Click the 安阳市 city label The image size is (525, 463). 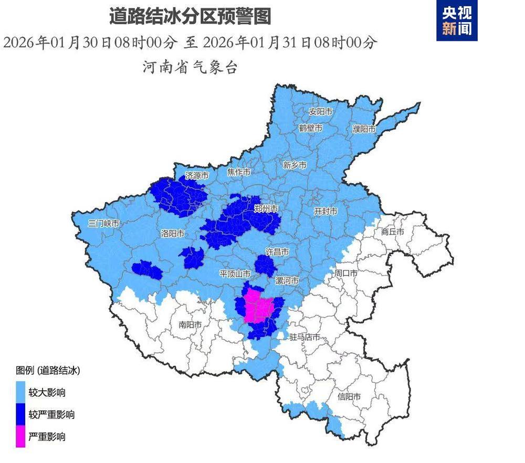321,112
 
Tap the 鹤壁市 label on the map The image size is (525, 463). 311,128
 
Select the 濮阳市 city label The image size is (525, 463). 364,129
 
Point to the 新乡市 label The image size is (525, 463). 295,165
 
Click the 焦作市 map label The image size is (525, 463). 239,172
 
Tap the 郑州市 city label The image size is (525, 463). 266,208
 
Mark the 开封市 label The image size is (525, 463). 325,211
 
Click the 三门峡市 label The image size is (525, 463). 104,223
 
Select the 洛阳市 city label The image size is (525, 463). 172,233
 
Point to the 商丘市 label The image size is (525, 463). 393,231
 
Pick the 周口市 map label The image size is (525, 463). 346,273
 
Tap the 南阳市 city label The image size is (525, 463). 190,325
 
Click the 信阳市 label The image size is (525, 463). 349,396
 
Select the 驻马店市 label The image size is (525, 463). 305,337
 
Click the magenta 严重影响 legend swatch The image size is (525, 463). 20,437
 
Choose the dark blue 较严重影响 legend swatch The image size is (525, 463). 20,415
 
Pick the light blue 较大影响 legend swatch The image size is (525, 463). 20,393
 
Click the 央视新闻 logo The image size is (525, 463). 457,20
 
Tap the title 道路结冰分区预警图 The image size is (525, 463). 190,17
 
